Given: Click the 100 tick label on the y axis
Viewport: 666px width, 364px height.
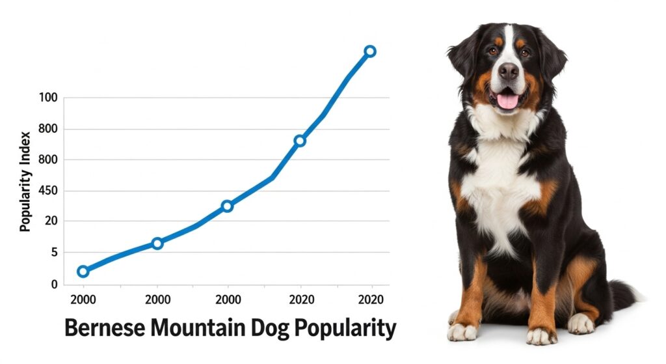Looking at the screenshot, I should pos(48,98).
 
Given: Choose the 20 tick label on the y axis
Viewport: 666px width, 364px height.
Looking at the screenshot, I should pos(51,221).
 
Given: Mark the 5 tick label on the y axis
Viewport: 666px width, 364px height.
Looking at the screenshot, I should pos(54,253).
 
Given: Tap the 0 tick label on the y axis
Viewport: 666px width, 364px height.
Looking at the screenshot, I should pos(54,285).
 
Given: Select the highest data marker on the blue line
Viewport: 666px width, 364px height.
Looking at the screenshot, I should pos(369,51).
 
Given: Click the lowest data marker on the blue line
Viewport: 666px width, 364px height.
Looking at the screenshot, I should pos(83,271).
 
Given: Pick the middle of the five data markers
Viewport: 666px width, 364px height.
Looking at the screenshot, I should pos(227,206).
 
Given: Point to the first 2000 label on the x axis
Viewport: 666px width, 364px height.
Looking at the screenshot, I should pos(83,300).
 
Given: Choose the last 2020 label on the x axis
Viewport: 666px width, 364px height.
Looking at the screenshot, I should pos(371,300).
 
